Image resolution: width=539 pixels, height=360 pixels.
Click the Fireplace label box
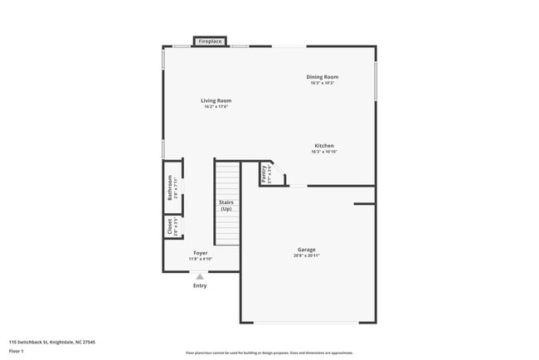coord(210,41)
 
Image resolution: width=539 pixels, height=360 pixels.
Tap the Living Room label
coord(216,100)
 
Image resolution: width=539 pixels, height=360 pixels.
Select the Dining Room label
coord(323,77)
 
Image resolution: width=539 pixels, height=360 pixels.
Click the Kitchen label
coord(323,145)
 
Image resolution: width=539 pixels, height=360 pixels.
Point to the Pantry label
coord(264,173)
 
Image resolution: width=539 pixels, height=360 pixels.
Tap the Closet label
coord(171,226)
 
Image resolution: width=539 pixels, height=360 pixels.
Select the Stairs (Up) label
coord(226,206)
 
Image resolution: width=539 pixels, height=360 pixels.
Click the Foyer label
coord(201,252)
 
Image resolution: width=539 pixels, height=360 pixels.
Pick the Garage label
coord(307,250)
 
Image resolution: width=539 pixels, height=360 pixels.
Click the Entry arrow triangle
coord(200,277)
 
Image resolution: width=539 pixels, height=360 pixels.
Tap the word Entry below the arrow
coord(200,286)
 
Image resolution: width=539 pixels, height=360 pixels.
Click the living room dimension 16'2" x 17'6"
coord(216,107)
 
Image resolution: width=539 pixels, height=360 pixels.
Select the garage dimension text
coord(307,256)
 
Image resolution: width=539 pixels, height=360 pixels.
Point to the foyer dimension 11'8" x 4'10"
coord(201,259)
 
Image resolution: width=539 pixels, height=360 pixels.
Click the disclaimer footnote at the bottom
coord(269,353)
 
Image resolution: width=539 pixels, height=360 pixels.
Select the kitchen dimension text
coord(323,152)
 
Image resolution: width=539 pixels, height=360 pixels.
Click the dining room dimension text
coord(323,83)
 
